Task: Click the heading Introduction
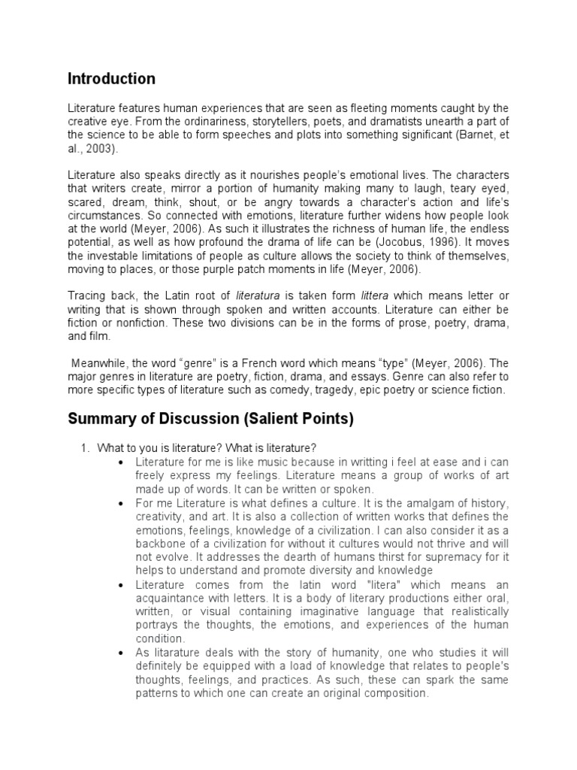click(x=111, y=79)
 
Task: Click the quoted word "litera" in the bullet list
click(x=340, y=584)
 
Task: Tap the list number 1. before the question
click(x=86, y=447)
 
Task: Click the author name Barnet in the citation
click(x=467, y=136)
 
